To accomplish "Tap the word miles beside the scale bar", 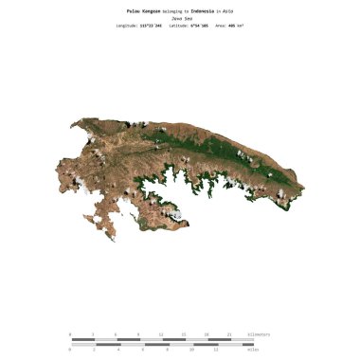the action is [253, 350].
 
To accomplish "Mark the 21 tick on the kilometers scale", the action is [229, 334].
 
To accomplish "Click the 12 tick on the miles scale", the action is [217, 350].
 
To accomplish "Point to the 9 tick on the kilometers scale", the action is [138, 334].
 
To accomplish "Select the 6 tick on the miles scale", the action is [143, 350].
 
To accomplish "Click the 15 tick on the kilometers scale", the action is [184, 334].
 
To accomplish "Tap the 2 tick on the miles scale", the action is [94, 350].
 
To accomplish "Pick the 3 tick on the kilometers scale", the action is [93, 334].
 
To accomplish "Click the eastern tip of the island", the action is [303, 195].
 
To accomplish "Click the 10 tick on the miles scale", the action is [192, 350].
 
